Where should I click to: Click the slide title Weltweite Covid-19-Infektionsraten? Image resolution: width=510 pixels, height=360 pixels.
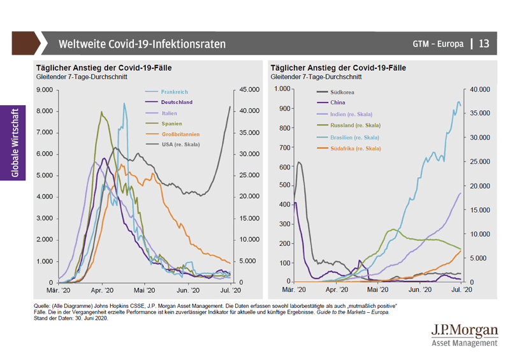tap(141, 44)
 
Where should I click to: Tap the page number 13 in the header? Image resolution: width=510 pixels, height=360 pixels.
tap(484, 44)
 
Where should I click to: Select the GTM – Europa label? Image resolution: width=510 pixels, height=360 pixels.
tap(437, 44)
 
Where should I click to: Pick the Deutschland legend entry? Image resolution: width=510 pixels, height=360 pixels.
tap(177, 102)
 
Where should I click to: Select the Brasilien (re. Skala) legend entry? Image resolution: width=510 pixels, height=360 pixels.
tap(355, 138)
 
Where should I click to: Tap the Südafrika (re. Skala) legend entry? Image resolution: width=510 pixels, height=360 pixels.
tap(356, 148)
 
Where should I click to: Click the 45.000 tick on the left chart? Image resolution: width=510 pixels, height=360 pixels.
tap(249, 90)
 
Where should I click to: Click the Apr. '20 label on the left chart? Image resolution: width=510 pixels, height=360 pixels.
tap(102, 290)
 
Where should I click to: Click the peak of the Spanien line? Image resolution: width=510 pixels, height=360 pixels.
tap(101, 113)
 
